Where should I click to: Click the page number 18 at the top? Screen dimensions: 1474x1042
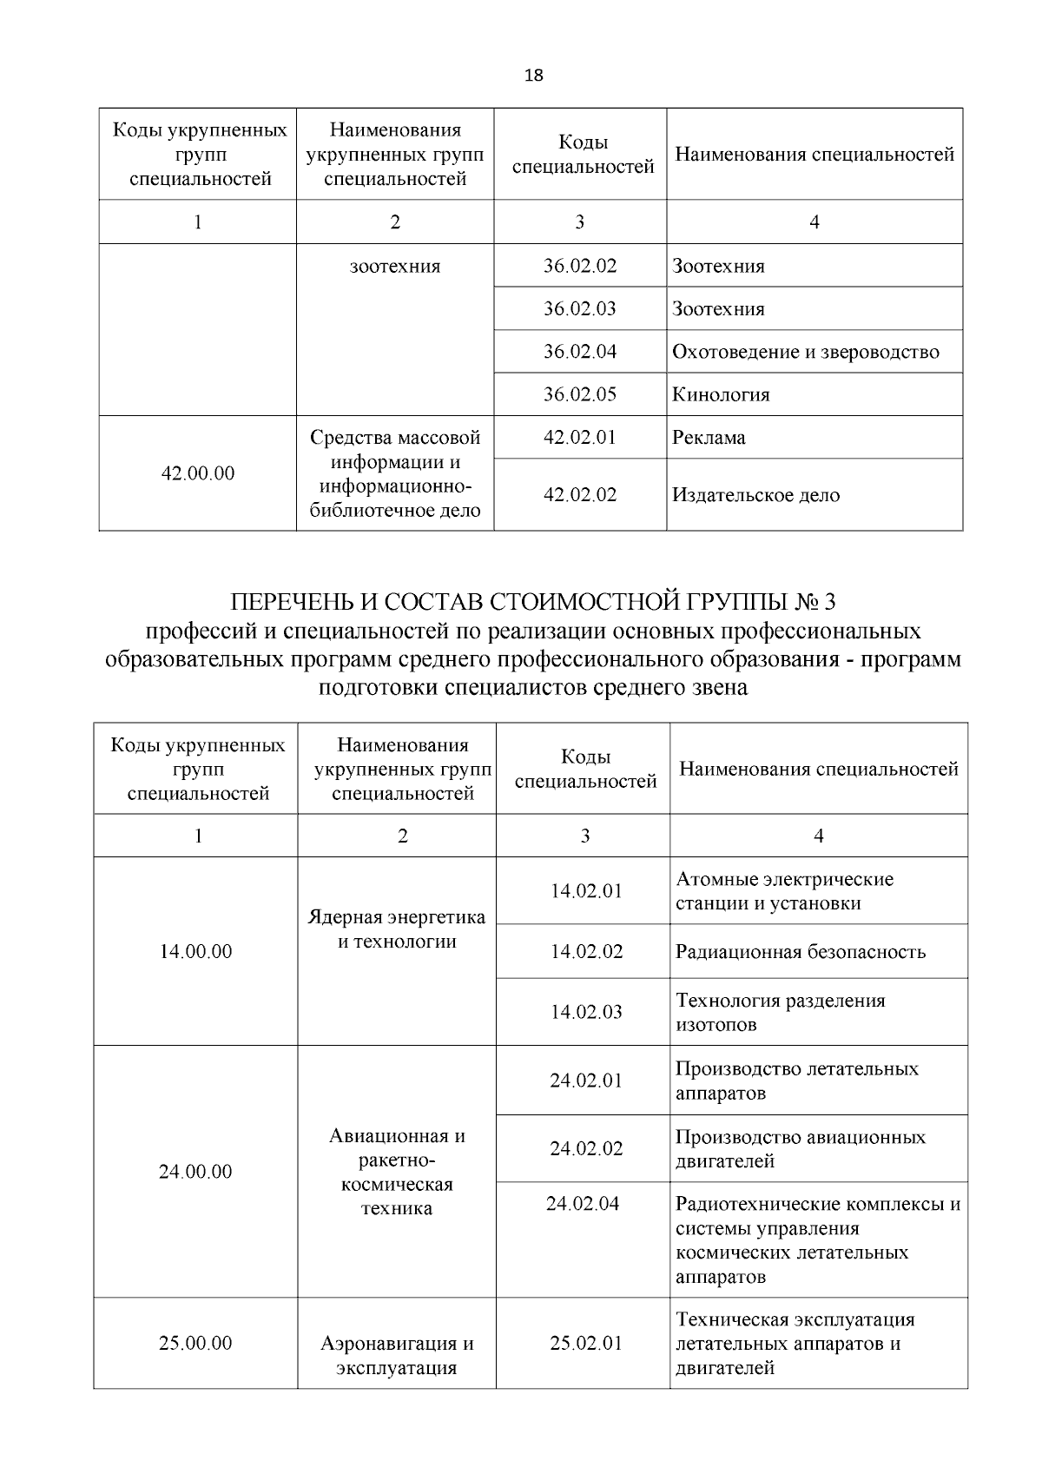click(x=534, y=76)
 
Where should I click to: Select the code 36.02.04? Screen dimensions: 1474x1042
click(x=580, y=352)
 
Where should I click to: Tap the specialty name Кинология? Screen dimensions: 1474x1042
click(x=721, y=395)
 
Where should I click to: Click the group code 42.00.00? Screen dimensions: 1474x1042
click(x=198, y=473)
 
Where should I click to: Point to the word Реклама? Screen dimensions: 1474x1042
click(x=709, y=438)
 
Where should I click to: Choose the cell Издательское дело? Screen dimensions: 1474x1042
click(x=755, y=495)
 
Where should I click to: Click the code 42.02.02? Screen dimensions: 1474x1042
click(x=580, y=495)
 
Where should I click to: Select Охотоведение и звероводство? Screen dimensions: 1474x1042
click(x=805, y=352)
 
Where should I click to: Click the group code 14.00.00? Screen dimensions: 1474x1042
click(x=196, y=952)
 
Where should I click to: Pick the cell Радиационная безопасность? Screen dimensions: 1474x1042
click(x=800, y=952)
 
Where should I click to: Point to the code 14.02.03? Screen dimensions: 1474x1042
click(x=586, y=1012)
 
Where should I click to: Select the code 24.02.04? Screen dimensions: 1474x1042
click(x=583, y=1204)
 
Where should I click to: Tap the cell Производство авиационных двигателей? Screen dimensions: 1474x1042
click(x=800, y=1149)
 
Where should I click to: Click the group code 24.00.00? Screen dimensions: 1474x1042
click(x=196, y=1172)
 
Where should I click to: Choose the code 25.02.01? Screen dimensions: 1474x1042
click(x=586, y=1344)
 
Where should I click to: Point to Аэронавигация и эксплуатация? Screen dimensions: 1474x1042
click(x=397, y=1356)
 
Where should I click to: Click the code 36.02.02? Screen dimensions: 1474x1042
click(x=580, y=266)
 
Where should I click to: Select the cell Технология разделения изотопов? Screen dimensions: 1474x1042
click(x=780, y=1013)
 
